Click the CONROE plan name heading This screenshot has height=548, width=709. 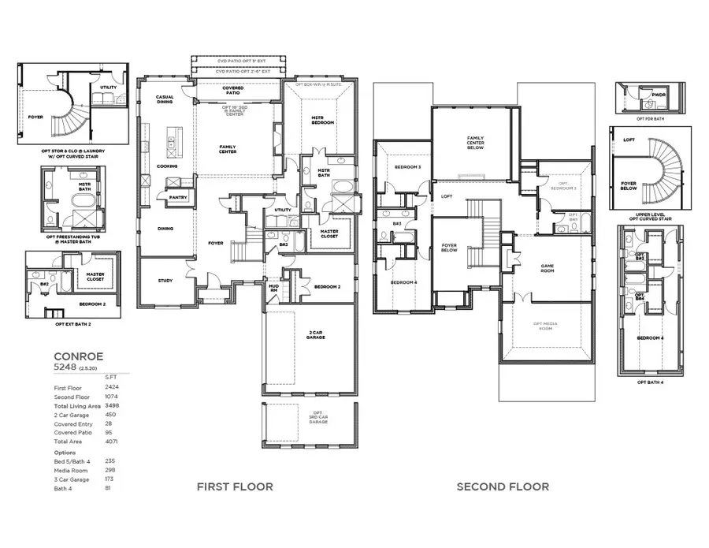point(78,356)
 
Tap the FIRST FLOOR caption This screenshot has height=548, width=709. point(235,486)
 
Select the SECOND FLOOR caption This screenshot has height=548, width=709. point(503,486)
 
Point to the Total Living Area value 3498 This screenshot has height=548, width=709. point(112,404)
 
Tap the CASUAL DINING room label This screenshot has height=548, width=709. point(165,99)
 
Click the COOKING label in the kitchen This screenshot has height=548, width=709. point(167,166)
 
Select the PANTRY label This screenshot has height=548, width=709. point(178,198)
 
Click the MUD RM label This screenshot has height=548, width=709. point(273,288)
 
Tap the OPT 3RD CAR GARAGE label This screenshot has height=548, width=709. point(317,417)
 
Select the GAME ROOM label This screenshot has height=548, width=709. point(549,267)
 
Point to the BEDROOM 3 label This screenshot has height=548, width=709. point(408,167)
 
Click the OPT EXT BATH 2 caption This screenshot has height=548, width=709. point(72,324)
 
